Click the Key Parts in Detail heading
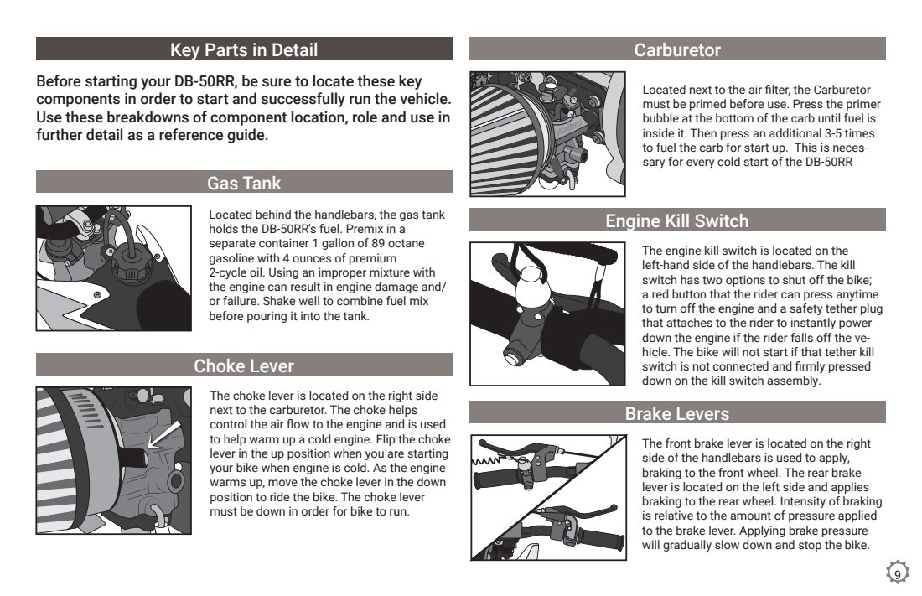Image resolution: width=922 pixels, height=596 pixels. click(x=243, y=50)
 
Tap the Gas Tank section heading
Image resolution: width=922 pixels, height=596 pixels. click(x=243, y=183)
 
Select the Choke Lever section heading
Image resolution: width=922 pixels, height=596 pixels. click(x=243, y=366)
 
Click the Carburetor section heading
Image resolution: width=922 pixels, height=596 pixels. click(x=676, y=50)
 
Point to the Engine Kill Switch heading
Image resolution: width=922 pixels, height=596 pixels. click(x=676, y=220)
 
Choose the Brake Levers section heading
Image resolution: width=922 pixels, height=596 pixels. click(x=676, y=413)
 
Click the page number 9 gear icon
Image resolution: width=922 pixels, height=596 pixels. click(x=898, y=573)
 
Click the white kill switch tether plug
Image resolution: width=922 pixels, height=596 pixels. click(x=531, y=287)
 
